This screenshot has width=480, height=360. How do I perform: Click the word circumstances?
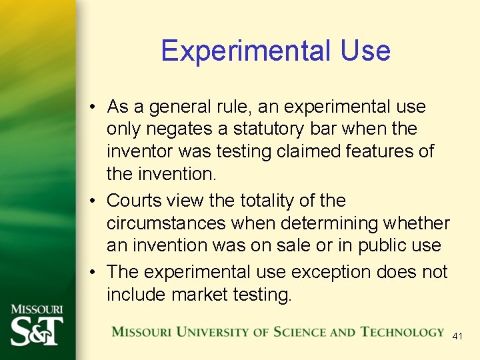pos(159,223)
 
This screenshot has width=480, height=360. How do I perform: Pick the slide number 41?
pos(457,337)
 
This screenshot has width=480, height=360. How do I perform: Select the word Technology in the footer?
pos(402,332)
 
